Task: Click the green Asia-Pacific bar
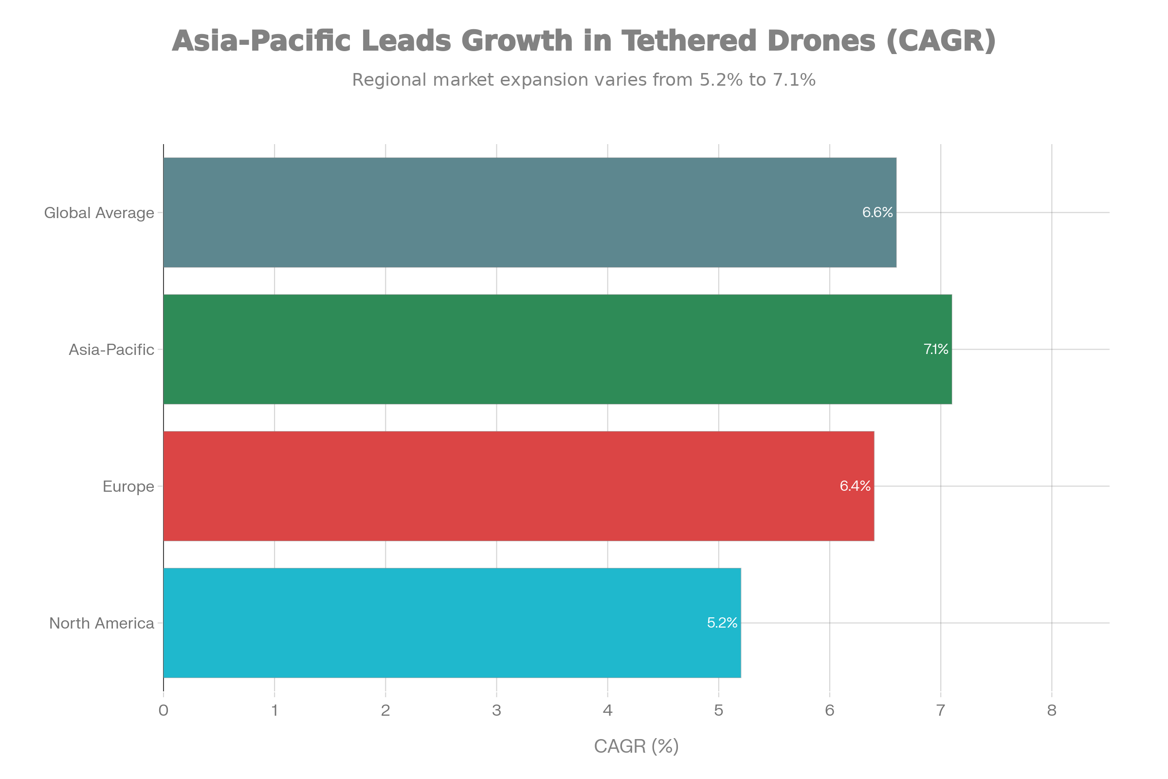(546, 349)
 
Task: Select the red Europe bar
(516, 486)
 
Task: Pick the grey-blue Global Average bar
(527, 213)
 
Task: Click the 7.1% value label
(935, 349)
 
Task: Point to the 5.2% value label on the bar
(722, 623)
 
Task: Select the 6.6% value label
(877, 213)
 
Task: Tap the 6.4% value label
(855, 486)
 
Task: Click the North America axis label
(102, 623)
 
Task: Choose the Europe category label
(128, 486)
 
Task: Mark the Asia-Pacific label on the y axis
(111, 350)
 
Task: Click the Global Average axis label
(99, 213)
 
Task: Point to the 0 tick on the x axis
(164, 710)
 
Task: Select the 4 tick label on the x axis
(608, 710)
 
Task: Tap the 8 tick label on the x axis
(1052, 710)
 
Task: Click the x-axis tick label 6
(830, 710)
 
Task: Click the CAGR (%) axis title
(636, 746)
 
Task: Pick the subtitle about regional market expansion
(584, 80)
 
